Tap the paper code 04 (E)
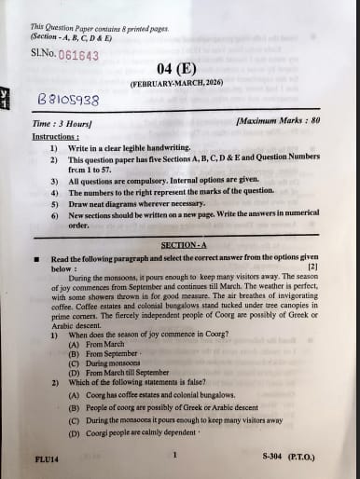click(x=174, y=68)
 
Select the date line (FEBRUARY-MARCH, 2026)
click(x=174, y=84)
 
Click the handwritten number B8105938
click(x=68, y=99)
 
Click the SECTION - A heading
click(x=183, y=245)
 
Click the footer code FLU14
click(x=46, y=460)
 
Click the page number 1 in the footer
click(x=174, y=455)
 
